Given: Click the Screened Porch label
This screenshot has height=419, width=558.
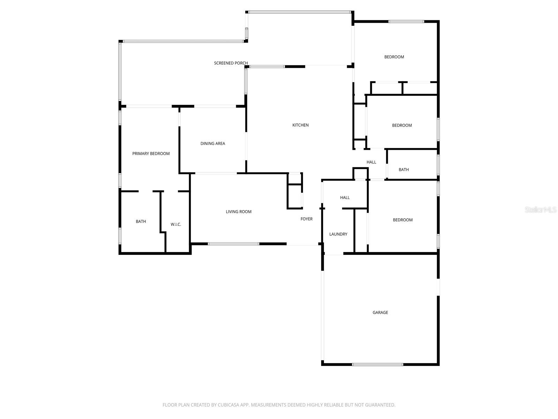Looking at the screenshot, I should [231, 63].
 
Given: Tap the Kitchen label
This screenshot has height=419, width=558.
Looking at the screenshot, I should [300, 125].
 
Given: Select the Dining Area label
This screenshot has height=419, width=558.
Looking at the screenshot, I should [212, 144].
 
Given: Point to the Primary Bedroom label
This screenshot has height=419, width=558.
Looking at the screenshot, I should [151, 154].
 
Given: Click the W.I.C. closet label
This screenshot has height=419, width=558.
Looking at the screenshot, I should [176, 225].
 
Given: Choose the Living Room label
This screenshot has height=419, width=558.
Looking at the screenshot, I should [239, 212].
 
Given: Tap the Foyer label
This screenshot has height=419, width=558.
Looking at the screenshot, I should [307, 219].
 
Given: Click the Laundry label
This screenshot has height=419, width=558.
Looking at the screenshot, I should [338, 234].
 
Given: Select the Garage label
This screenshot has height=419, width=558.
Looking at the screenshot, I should [380, 313].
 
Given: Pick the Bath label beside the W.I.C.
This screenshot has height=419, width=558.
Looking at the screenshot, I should [141, 221].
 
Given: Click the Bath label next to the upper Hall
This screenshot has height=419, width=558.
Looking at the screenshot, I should [404, 170].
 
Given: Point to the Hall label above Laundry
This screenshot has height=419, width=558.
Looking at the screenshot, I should [345, 198].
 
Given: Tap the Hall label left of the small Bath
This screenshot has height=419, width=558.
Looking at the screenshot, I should [371, 162].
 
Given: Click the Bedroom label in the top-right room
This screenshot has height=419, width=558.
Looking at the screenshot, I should [394, 57].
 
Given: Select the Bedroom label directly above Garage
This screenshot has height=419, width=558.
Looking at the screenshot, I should [402, 220].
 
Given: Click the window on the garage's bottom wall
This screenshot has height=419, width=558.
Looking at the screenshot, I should [377, 365].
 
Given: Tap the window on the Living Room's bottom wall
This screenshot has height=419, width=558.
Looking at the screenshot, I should [233, 244].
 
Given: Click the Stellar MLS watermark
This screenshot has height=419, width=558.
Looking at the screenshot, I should [540, 210].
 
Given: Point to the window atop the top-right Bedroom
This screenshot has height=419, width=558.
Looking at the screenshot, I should [406, 22].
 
